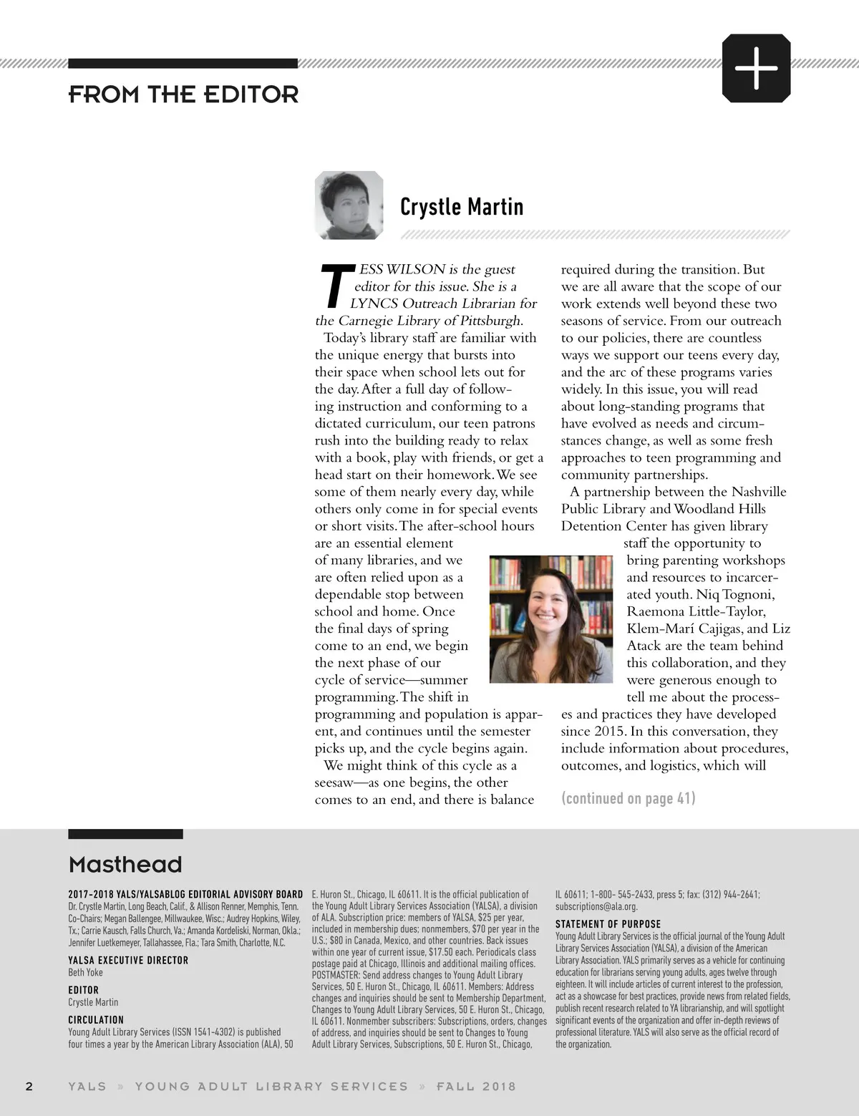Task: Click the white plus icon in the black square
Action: [756, 68]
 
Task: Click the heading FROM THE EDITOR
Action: [183, 94]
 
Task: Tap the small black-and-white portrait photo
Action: [349, 205]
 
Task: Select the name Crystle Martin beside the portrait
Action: [462, 207]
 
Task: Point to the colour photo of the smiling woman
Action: [551, 618]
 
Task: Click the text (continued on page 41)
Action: [628, 798]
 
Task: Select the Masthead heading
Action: [125, 865]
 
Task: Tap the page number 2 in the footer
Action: [29, 1086]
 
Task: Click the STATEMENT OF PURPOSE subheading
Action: [608, 924]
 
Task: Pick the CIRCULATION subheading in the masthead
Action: [96, 1019]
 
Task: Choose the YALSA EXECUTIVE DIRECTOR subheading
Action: [128, 960]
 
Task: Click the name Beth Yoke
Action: [85, 972]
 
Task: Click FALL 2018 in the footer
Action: [476, 1086]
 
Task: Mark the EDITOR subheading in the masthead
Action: [83, 990]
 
